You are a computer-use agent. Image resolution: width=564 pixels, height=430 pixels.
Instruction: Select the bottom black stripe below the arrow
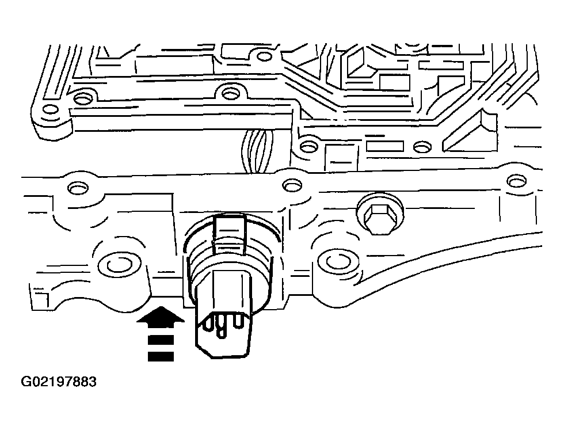(160, 357)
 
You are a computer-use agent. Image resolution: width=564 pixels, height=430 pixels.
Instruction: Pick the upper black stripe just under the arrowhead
(160, 339)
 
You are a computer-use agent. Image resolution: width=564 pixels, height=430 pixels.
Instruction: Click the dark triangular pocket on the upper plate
(474, 132)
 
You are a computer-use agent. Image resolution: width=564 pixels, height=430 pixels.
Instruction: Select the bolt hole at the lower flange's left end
(76, 188)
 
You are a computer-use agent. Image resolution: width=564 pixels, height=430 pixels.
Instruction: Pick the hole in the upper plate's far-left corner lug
(51, 110)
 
